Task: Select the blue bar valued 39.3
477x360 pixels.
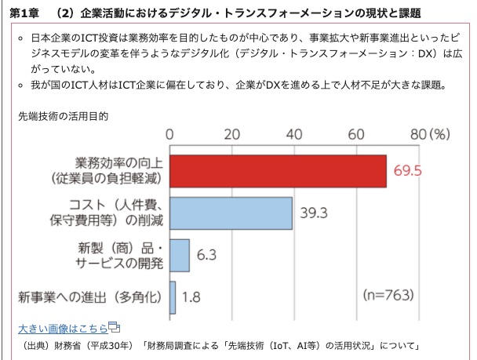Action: pyautogui.click(x=231, y=213)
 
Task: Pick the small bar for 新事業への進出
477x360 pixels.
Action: pyautogui.click(x=172, y=296)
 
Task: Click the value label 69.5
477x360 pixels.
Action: pyautogui.click(x=408, y=171)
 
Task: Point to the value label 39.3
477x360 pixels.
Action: pyautogui.click(x=314, y=213)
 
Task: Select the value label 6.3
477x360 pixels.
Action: pyautogui.click(x=206, y=255)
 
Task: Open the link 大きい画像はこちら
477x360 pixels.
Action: pyautogui.click(x=62, y=328)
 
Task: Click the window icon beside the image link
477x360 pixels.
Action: pyautogui.click(x=114, y=327)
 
